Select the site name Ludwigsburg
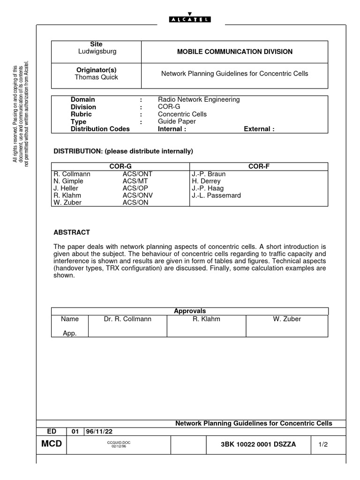point(97,51)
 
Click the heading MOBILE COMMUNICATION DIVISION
point(234,52)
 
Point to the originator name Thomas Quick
point(97,77)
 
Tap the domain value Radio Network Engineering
point(199,99)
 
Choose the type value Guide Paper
point(177,121)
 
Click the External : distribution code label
point(259,129)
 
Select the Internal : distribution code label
point(172,129)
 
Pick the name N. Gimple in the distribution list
point(69,181)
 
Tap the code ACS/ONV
point(138,195)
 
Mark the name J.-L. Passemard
point(216,195)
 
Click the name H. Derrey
point(206,181)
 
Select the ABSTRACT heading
point(72,232)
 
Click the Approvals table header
point(190,311)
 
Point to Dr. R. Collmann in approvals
point(127,319)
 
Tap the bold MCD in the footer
point(52,444)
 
